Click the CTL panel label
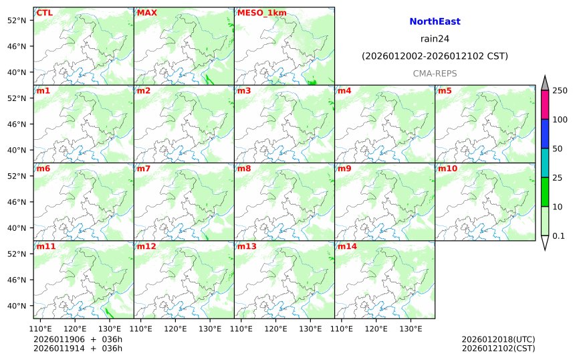pos(44,13)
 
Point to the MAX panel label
pos(146,13)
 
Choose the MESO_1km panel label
pos(257,13)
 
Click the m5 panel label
pos(445,90)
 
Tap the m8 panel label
pos(244,169)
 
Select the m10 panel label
pos(447,169)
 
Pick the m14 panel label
pos(347,246)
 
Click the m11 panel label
pos(45,246)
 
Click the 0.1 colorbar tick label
pos(558,236)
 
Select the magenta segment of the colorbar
pos(545,104)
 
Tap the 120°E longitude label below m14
pos(376,329)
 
